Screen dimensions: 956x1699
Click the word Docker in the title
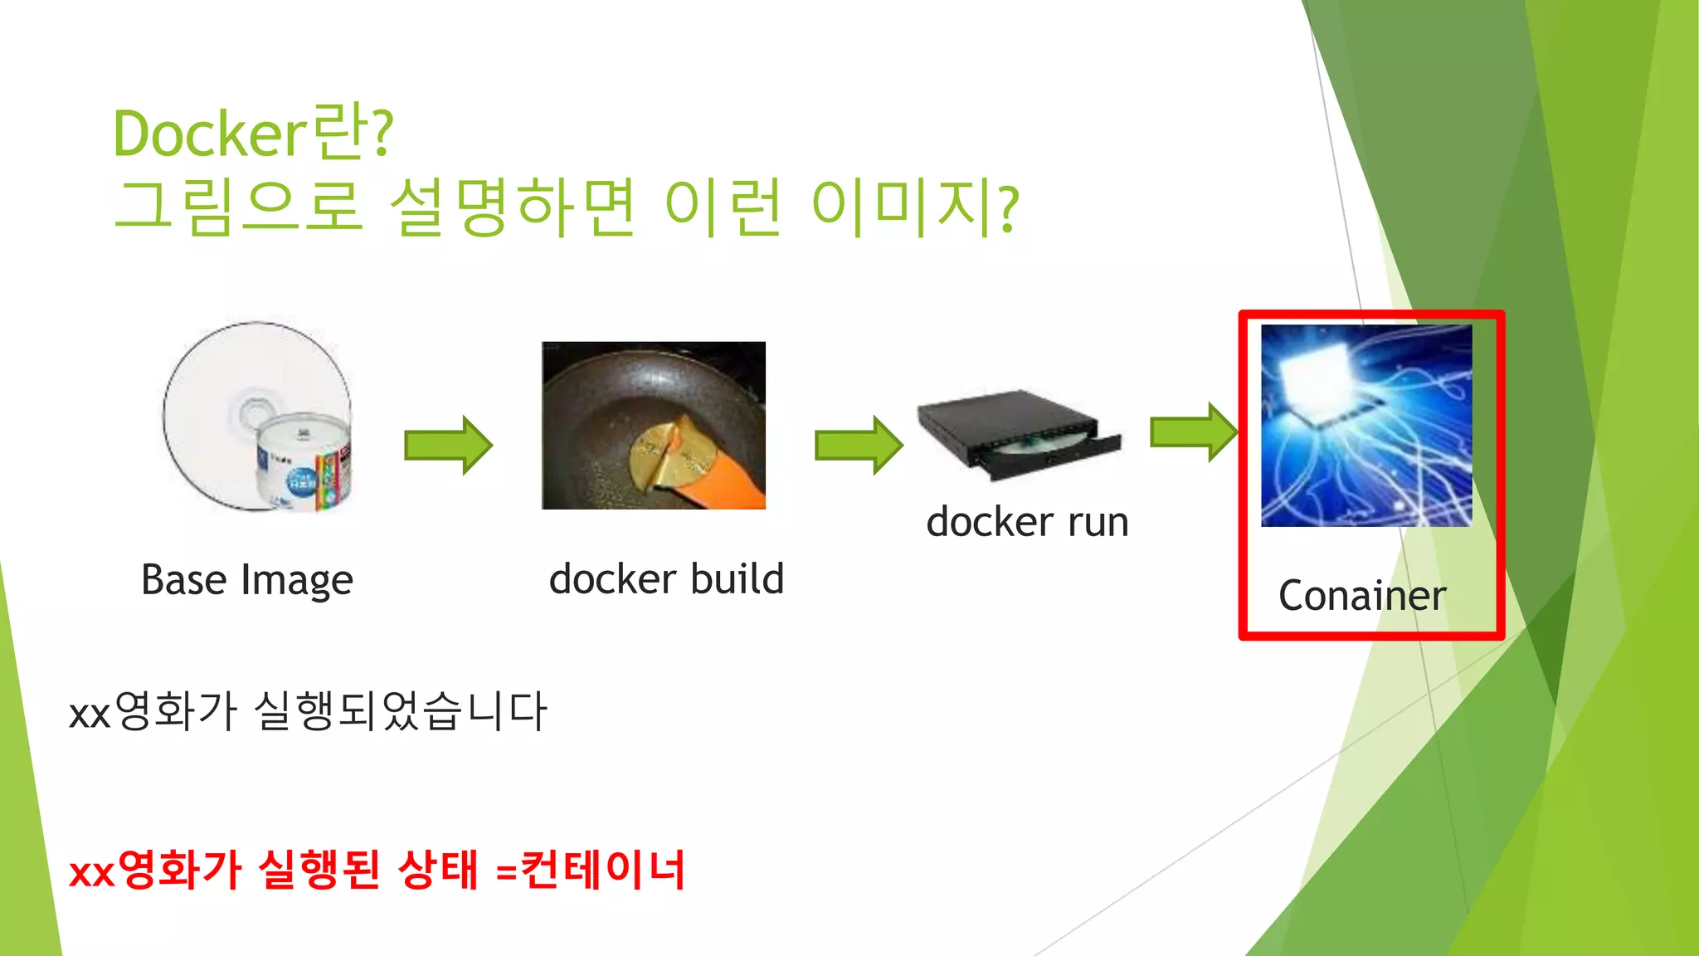(210, 134)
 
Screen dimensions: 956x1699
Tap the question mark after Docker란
(382, 134)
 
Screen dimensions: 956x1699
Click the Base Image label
(247, 579)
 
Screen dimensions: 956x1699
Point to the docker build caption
(666, 578)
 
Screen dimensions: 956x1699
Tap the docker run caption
(1027, 522)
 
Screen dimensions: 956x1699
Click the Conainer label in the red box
(1362, 596)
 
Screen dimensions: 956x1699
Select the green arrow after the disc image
(448, 446)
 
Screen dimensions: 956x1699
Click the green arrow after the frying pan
(859, 446)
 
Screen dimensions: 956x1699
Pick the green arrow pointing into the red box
(1193, 432)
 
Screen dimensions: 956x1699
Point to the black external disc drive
(1016, 432)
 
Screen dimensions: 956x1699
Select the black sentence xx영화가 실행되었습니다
(308, 712)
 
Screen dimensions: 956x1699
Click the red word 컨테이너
(603, 870)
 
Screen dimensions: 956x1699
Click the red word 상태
(438, 870)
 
